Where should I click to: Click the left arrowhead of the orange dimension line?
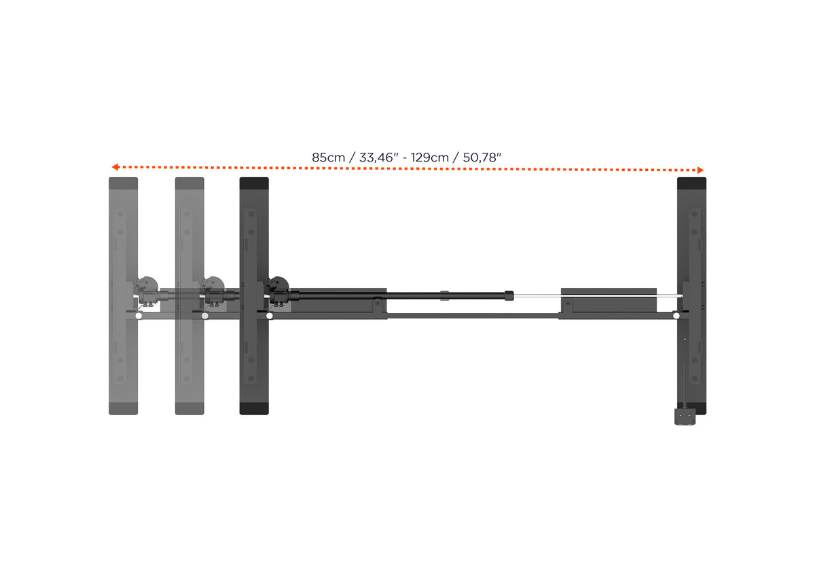pos(115,167)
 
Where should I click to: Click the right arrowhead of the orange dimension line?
pos(700,170)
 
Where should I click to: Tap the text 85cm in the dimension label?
pos(328,157)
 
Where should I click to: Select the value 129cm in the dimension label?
pos(430,157)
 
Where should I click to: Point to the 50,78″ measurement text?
pos(482,157)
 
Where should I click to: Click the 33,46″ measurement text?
pos(379,157)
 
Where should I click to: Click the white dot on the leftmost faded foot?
pos(139,316)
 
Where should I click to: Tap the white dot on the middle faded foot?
pos(205,316)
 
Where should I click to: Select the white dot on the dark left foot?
pos(270,316)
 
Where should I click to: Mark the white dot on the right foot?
pos(676,316)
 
